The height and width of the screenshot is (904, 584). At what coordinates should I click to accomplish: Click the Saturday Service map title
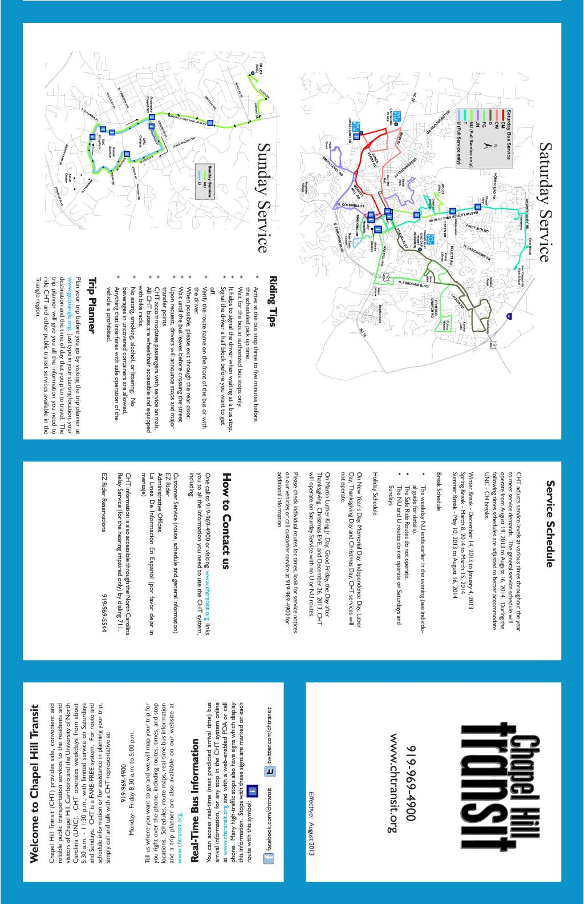[x=542, y=202]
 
